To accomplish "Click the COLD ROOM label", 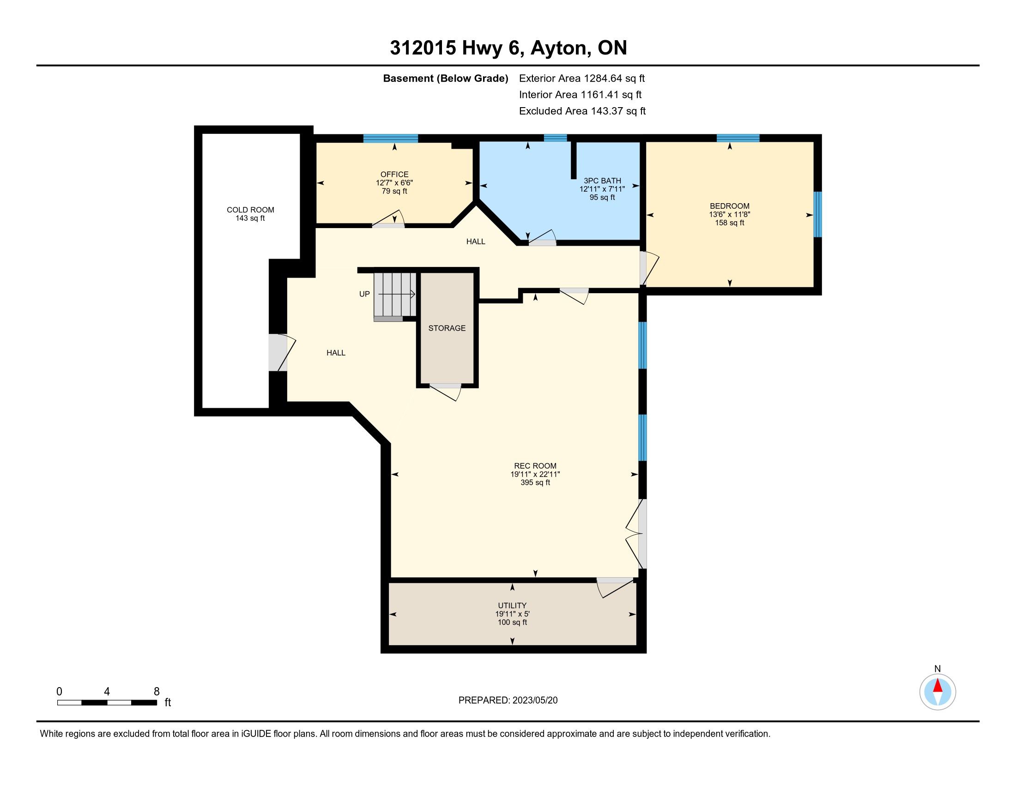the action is click(x=250, y=210).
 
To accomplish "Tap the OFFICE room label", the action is click(x=394, y=175).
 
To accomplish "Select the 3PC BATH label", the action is click(x=602, y=181).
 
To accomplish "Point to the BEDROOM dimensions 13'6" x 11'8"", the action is click(x=729, y=214).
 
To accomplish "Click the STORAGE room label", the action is click(x=447, y=328).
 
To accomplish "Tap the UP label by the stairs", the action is click(x=364, y=294).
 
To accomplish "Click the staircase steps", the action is click(x=395, y=296).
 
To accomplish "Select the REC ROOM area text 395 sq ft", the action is click(x=535, y=483).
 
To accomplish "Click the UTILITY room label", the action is click(x=512, y=605).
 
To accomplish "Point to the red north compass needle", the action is click(x=937, y=686).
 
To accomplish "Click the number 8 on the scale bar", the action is click(x=156, y=691).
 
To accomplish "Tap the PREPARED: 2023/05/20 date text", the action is click(x=508, y=700).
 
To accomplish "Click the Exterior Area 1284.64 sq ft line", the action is click(x=582, y=78).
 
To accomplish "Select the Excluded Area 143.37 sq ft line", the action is click(x=582, y=111).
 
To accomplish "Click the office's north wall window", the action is click(x=391, y=138).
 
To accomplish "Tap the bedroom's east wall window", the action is click(x=817, y=214).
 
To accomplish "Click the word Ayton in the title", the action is click(x=558, y=48).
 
